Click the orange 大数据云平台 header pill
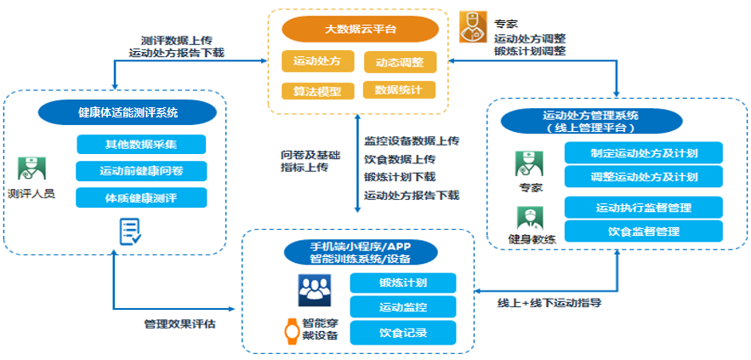pyautogui.click(x=359, y=30)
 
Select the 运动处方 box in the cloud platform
pyautogui.click(x=316, y=61)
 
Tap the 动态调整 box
pyautogui.click(x=399, y=62)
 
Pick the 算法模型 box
pyautogui.click(x=316, y=90)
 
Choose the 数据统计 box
pyautogui.click(x=399, y=89)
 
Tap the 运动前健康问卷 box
pyautogui.click(x=141, y=170)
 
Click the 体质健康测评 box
pyautogui.click(x=141, y=197)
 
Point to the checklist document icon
pyautogui.click(x=130, y=230)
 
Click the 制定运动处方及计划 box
pyautogui.click(x=643, y=153)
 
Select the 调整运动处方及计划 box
pyautogui.click(x=643, y=176)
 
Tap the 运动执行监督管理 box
pyautogui.click(x=643, y=207)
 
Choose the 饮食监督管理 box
pyautogui.click(x=643, y=230)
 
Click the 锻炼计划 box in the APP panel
pyautogui.click(x=404, y=283)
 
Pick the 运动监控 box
pyautogui.click(x=404, y=306)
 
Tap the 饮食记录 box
pyautogui.click(x=404, y=332)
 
